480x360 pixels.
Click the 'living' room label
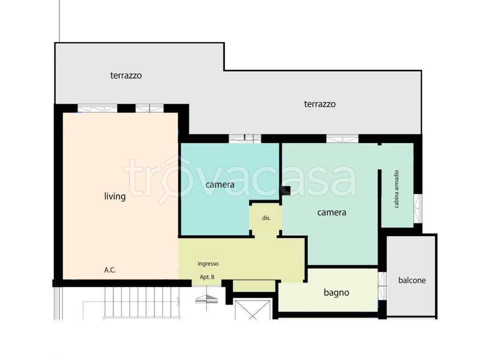pos(115,196)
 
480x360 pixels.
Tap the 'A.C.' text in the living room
pos(110,270)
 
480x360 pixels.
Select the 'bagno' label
pos(336,292)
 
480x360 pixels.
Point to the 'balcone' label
pos(412,280)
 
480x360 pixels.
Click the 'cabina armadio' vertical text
pos(396,189)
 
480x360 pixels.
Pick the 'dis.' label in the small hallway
pos(267,218)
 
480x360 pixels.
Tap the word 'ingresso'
pos(208,263)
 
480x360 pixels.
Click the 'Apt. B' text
pos(207,277)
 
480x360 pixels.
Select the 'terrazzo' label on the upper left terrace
pos(126,75)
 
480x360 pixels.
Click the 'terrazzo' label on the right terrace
pos(320,104)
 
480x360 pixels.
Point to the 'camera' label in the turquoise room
pos(220,184)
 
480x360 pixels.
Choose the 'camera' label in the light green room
pos(332,212)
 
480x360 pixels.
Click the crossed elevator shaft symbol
pos(252,309)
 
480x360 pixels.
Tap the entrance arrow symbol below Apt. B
pos(206,299)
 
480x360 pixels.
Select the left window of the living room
pos(97,108)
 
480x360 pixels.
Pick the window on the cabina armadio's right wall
pos(418,209)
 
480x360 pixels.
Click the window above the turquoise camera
pos(245,139)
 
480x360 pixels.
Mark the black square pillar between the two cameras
pos(286,191)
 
